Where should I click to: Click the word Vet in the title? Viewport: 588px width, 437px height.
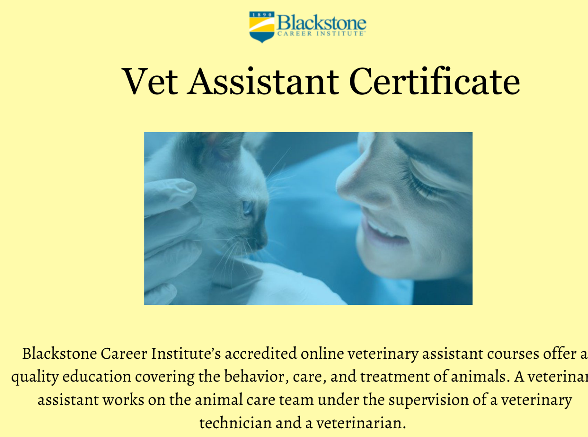tap(150, 82)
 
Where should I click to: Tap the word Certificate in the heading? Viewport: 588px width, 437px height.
tap(434, 82)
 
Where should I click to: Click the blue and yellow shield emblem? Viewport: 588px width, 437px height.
tap(262, 26)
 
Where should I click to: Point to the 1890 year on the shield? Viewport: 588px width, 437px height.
tap(262, 15)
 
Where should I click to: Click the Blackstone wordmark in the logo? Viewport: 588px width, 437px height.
tap(322, 23)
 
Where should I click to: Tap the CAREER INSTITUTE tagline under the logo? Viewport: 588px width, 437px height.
tap(320, 34)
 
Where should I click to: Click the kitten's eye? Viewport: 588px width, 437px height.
tap(247, 208)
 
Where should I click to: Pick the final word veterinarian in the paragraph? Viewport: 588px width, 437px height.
tap(361, 423)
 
